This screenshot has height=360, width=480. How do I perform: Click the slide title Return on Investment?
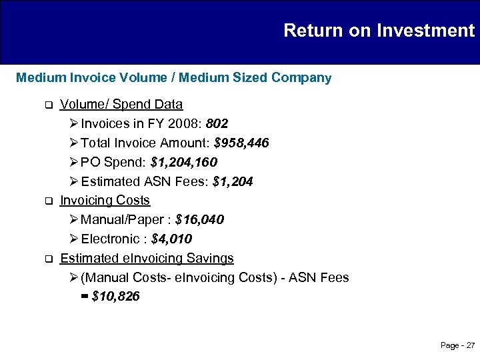pyautogui.click(x=379, y=31)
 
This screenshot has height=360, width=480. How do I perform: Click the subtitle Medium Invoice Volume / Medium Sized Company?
pyautogui.click(x=173, y=78)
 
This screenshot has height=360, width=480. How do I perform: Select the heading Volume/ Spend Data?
pyautogui.click(x=121, y=105)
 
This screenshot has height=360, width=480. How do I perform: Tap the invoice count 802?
pyautogui.click(x=217, y=124)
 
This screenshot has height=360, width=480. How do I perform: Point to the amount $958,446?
pyautogui.click(x=241, y=143)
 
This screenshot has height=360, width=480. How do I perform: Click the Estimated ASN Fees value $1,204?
pyautogui.click(x=233, y=181)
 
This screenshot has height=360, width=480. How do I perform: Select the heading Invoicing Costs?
pyautogui.click(x=105, y=200)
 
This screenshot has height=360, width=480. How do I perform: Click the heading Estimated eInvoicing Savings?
pyautogui.click(x=147, y=257)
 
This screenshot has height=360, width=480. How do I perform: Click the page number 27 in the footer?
pyautogui.click(x=471, y=345)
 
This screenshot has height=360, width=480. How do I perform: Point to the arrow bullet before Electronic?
pyautogui.click(x=73, y=239)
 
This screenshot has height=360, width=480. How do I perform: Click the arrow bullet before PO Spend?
pyautogui.click(x=73, y=162)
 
